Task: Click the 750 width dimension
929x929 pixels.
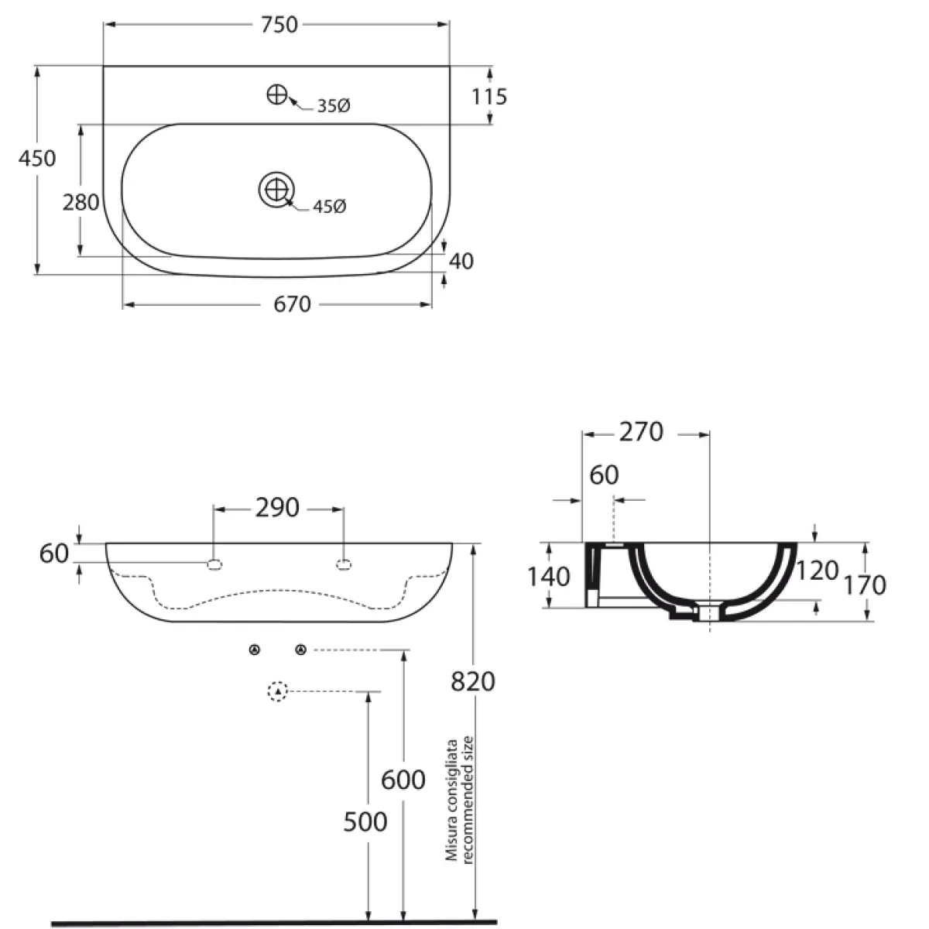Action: [x=279, y=25]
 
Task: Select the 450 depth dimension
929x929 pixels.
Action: [x=37, y=158]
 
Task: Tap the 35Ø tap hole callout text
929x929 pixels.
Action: [x=334, y=105]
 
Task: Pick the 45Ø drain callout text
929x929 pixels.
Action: [x=330, y=207]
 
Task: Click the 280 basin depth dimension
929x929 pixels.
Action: [x=81, y=203]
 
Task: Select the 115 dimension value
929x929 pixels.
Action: [x=488, y=97]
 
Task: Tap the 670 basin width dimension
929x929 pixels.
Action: [x=292, y=304]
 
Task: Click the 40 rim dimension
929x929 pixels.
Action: [x=461, y=262]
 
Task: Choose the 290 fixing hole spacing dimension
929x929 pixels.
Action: [x=277, y=508]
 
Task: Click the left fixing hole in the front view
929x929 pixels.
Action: [x=214, y=564]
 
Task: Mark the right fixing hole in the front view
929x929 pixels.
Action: [x=343, y=564]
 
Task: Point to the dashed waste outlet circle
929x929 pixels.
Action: [x=277, y=691]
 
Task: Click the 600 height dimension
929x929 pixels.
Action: [x=403, y=780]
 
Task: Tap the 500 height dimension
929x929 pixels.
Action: [x=365, y=822]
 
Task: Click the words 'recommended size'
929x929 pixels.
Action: [x=468, y=800]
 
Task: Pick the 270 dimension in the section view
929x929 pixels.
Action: [x=641, y=432]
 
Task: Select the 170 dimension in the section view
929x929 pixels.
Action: [x=865, y=585]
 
